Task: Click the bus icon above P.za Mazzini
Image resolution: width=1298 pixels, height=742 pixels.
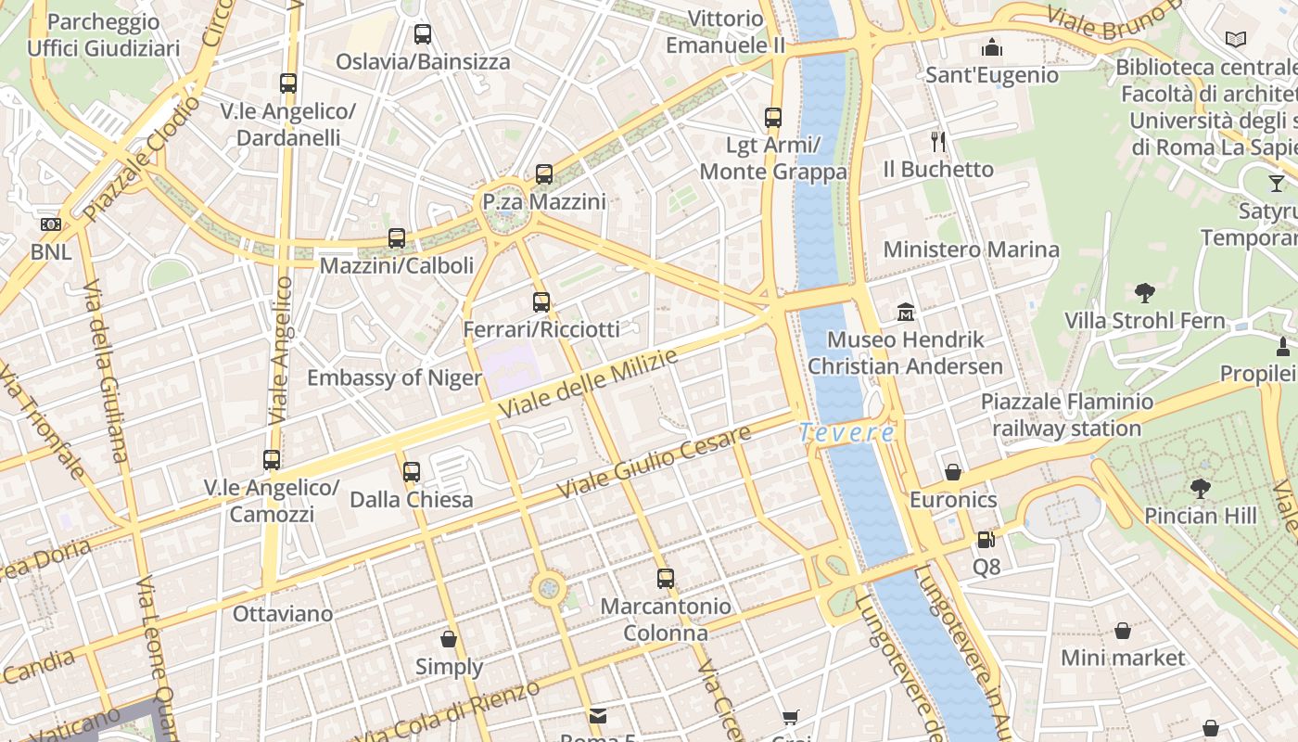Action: point(544,173)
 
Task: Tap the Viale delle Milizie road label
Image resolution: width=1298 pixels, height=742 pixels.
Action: point(589,383)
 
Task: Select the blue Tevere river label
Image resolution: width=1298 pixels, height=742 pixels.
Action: point(846,432)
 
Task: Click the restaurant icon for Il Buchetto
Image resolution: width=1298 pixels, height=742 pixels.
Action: point(938,141)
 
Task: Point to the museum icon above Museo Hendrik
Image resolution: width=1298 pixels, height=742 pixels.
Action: point(905,312)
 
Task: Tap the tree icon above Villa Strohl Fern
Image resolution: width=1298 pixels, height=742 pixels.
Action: point(1145,293)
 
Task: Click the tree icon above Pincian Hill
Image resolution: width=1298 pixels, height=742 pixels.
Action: point(1201,488)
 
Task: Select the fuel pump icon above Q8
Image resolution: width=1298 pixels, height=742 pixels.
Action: point(986,538)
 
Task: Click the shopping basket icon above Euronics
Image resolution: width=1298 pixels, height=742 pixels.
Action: point(953,472)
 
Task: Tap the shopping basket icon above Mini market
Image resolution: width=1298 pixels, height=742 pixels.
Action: point(1123,631)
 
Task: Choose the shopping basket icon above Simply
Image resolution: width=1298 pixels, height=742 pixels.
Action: point(449,639)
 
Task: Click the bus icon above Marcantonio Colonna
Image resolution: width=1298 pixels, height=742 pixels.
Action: point(665,579)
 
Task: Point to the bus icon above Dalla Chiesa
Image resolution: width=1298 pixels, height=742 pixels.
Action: point(412,472)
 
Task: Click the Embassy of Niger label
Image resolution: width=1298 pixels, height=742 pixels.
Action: point(394,377)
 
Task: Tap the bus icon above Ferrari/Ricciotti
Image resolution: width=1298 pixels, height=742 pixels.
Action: point(541,301)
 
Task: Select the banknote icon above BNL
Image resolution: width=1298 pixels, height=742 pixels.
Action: point(51,224)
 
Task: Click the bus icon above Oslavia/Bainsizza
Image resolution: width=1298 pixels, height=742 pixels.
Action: point(423,34)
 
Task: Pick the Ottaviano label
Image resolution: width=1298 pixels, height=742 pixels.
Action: point(283,613)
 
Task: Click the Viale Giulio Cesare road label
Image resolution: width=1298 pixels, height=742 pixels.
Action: point(653,463)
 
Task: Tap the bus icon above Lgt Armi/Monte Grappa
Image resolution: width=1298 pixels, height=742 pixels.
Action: point(773,118)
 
